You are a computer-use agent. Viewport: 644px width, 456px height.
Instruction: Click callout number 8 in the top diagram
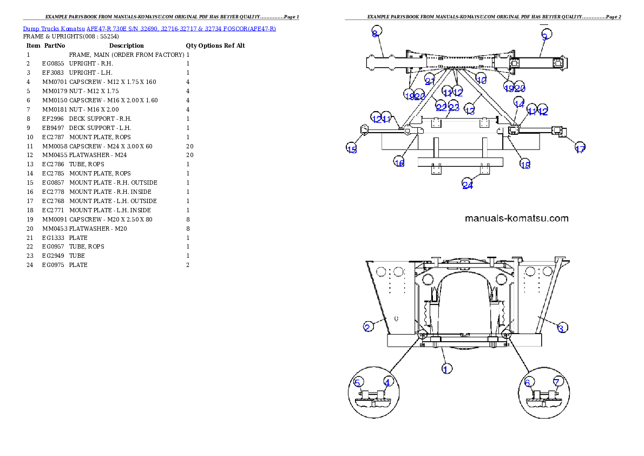[374, 34]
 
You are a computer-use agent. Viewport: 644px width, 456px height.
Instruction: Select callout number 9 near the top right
[545, 36]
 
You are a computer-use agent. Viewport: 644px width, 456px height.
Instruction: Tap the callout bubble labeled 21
[430, 81]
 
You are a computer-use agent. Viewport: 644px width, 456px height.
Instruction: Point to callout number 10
[481, 80]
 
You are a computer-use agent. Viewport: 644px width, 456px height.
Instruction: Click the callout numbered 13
[470, 110]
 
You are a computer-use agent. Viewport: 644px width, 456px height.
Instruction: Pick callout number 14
[519, 103]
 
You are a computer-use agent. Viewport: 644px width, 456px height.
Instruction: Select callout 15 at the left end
[352, 149]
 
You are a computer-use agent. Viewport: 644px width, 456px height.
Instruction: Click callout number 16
[399, 162]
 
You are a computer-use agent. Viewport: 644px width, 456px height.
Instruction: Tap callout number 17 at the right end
[580, 149]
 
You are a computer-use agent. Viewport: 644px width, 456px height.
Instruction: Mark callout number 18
[525, 165]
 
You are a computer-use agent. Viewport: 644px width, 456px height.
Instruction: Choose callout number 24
[468, 185]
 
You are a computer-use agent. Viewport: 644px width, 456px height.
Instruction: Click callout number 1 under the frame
[446, 369]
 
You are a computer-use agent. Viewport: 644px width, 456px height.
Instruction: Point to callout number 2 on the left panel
[367, 327]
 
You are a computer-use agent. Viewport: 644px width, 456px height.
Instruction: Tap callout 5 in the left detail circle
[357, 382]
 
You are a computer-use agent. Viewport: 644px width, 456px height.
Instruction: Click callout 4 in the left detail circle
[387, 382]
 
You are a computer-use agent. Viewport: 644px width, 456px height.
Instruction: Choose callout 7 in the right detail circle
[557, 382]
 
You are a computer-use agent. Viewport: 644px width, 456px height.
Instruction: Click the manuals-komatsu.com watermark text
[517, 219]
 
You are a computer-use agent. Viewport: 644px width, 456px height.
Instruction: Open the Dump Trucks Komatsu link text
[149, 28]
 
